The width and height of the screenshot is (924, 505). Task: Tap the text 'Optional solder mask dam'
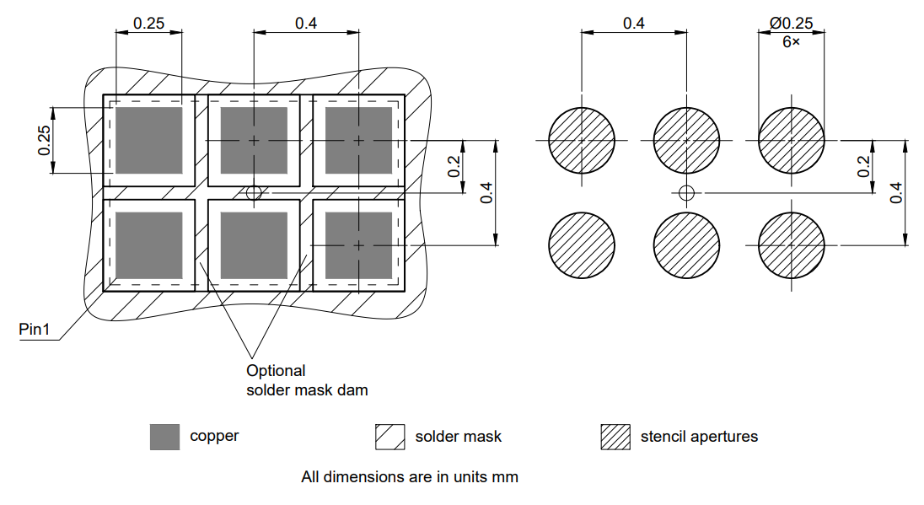[x=307, y=380]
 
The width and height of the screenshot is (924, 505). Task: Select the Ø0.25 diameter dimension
[x=791, y=24]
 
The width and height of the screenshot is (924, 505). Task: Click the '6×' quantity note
[x=791, y=40]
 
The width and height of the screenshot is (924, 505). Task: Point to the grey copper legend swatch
[x=164, y=437]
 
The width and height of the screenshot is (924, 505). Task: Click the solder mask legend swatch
[x=389, y=437]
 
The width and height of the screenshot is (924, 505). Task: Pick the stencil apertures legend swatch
[x=615, y=437]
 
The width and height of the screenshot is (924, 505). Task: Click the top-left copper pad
[x=148, y=140]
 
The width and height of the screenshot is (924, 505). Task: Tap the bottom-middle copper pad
[x=254, y=245]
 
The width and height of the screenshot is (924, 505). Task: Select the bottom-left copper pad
[x=148, y=245]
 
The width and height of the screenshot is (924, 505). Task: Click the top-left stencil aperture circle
[x=582, y=140]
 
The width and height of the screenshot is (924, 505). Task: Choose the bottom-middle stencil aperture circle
[x=686, y=245]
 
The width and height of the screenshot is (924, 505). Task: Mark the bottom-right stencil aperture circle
[x=792, y=245]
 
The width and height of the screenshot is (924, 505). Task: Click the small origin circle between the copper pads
[x=254, y=193]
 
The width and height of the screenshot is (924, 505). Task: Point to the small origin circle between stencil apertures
[x=686, y=193]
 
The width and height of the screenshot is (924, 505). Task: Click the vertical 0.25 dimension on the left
[x=45, y=140]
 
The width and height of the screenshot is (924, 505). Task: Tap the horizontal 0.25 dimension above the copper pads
[x=149, y=24]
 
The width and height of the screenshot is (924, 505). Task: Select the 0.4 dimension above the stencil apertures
[x=634, y=24]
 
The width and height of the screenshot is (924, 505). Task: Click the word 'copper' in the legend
[x=214, y=437]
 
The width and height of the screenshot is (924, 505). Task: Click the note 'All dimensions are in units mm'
[x=410, y=477]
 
